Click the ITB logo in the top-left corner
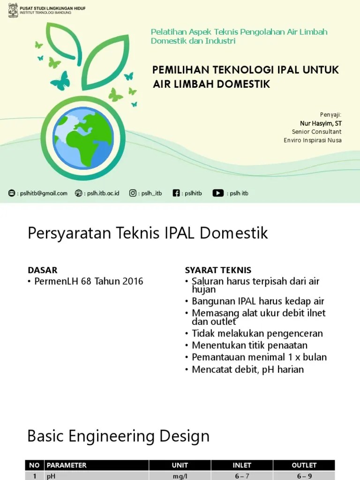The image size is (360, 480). click(14, 10)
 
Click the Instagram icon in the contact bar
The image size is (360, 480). click(133, 193)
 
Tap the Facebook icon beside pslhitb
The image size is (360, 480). click(176, 193)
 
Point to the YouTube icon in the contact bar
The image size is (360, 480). click(218, 193)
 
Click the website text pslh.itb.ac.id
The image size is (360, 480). click(103, 193)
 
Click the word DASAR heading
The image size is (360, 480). click(42, 270)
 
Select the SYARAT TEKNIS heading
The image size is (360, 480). click(218, 270)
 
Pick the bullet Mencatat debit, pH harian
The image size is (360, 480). click(247, 369)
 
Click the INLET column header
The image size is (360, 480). click(242, 465)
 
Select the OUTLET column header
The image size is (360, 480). click(304, 465)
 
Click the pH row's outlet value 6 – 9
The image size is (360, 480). click(304, 476)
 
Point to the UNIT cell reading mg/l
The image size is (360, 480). click(180, 476)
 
